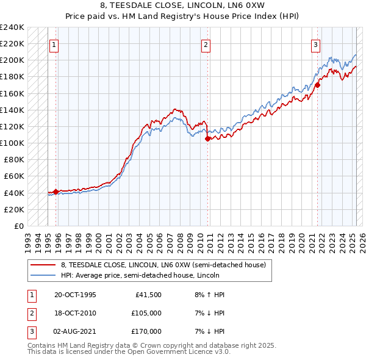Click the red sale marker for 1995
point(56,192)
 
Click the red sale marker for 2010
point(207,139)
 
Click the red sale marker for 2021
point(317,85)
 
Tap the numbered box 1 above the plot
point(54,44)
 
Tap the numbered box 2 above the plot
point(206,44)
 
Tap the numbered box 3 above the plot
point(316,44)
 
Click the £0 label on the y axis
point(18,226)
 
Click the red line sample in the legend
point(43,265)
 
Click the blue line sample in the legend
point(43,275)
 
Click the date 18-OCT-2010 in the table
point(76,313)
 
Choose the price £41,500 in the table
point(146,295)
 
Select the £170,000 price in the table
point(146,331)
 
